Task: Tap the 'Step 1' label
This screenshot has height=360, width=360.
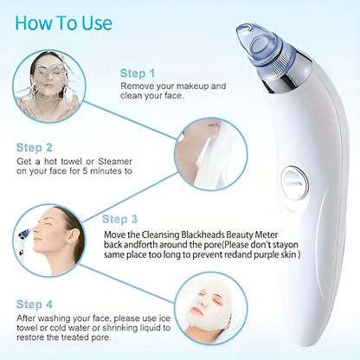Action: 138,74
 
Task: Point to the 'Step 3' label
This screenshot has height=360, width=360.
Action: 120,219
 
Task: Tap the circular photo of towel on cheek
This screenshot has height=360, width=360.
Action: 205,153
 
